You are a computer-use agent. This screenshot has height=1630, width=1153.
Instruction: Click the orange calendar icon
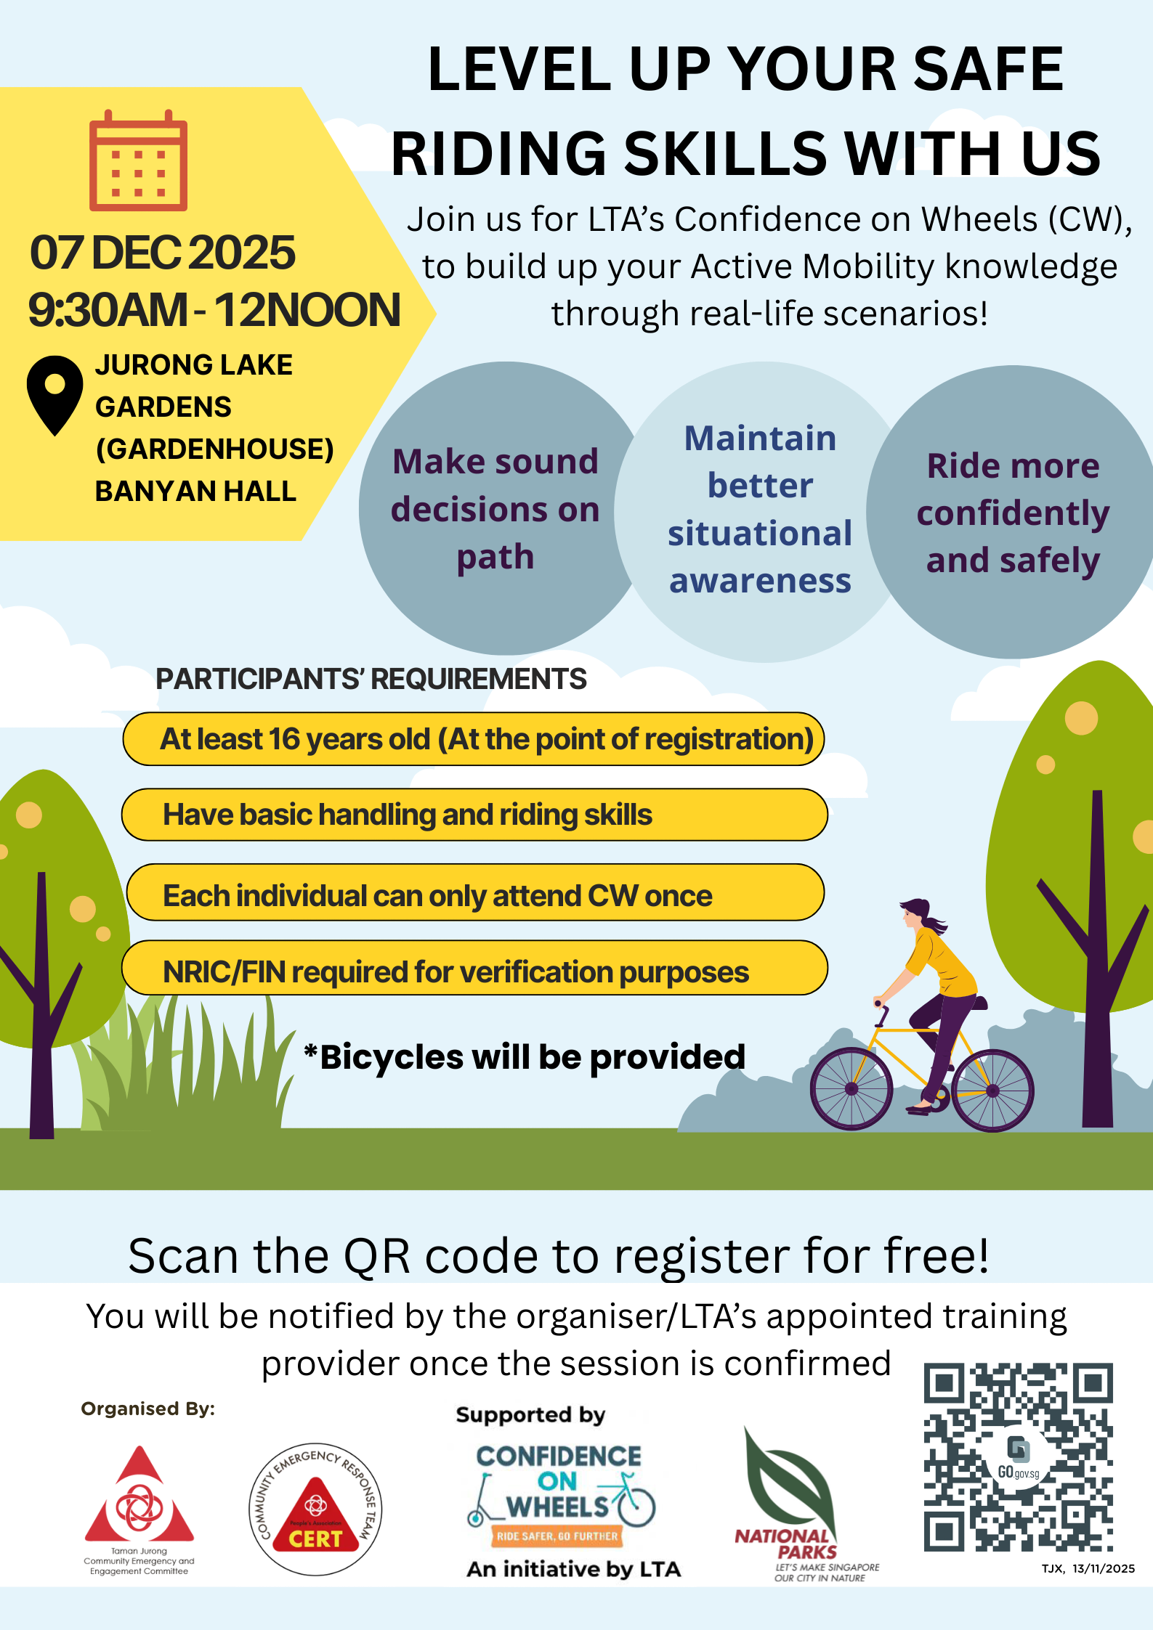point(138,160)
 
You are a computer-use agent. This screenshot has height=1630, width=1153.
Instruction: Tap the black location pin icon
point(54,395)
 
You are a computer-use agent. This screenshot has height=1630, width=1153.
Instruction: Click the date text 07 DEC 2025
point(162,253)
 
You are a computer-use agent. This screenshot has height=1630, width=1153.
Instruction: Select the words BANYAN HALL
point(195,492)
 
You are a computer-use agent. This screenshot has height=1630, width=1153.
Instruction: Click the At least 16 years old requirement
point(474,739)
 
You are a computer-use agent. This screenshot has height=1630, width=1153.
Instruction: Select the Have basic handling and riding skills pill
point(474,815)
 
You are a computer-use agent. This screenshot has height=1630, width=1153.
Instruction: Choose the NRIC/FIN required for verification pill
point(474,968)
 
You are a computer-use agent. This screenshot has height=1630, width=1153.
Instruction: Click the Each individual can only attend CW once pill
point(475,892)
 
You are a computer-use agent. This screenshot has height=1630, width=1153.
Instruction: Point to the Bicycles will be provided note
point(525,1057)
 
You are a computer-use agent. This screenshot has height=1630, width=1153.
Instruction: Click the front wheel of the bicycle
point(851,1088)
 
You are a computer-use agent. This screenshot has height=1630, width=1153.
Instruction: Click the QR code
point(1018,1457)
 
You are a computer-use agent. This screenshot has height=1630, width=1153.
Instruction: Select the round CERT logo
point(315,1509)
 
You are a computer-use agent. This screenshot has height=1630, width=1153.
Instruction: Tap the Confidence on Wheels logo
point(559,1496)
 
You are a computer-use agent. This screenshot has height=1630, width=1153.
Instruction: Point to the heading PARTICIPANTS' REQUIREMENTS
point(371,679)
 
